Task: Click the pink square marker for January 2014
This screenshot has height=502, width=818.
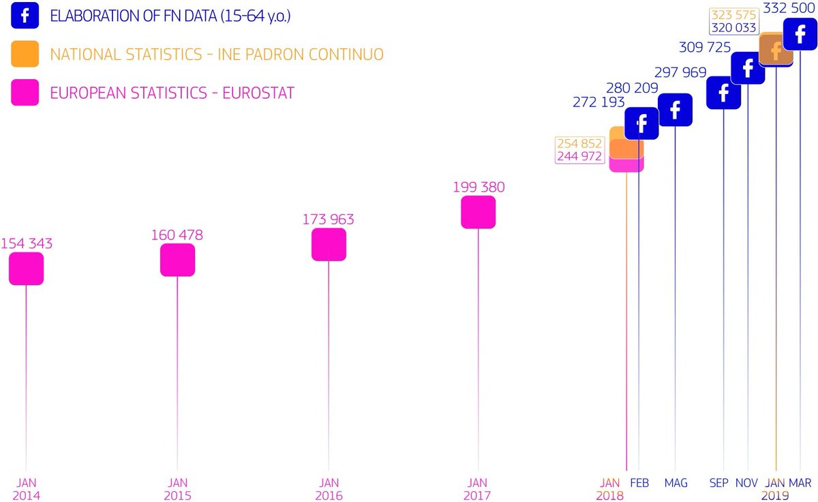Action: pos(26,268)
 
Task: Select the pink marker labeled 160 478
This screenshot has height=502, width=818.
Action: pos(177,260)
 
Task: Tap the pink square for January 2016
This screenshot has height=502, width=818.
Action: pos(329,244)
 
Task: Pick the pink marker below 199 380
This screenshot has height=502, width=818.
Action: pos(478,212)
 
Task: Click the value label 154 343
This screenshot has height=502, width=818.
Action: pos(27,243)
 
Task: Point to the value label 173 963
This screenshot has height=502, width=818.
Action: pos(329,220)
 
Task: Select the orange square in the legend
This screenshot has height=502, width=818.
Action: pos(24,54)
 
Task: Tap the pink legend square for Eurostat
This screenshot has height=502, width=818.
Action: pos(24,92)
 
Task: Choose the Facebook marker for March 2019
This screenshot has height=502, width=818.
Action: pos(800,33)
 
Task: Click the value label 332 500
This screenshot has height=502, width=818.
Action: pos(789,7)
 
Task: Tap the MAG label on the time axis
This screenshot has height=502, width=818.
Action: pos(676,483)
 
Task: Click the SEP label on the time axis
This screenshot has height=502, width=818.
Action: pos(718,483)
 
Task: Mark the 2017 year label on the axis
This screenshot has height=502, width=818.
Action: pos(478,496)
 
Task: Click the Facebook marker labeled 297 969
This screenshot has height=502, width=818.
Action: pos(675,110)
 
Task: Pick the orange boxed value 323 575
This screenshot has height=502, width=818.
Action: pos(733,15)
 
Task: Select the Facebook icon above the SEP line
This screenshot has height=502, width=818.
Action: pos(723,93)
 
